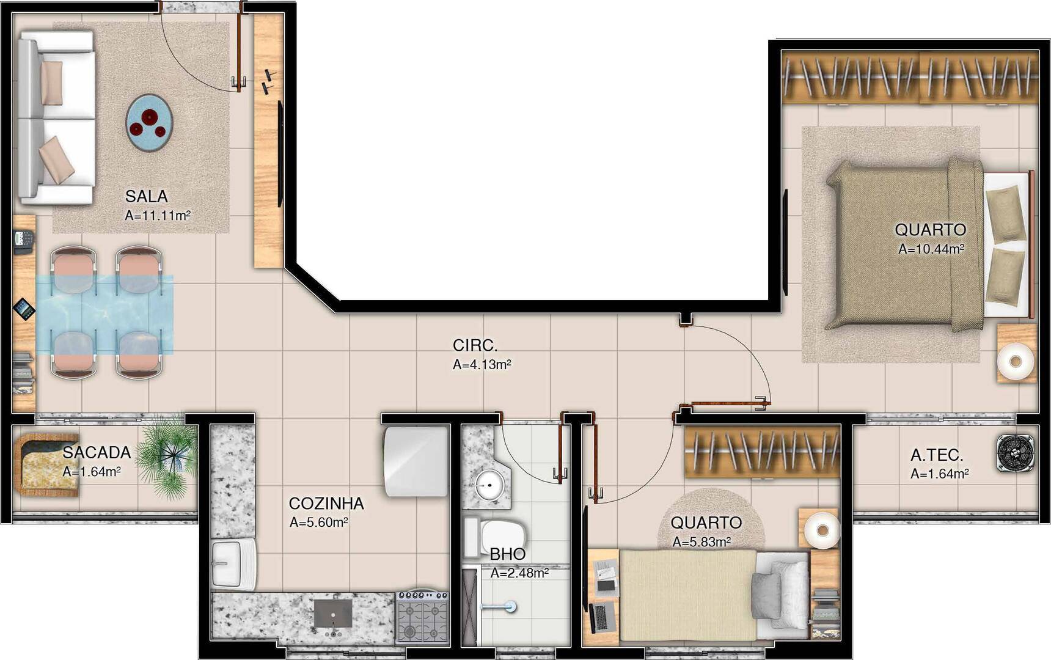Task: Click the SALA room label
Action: click(x=146, y=196)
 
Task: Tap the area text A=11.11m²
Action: click(x=158, y=216)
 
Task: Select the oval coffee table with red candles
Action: click(x=149, y=123)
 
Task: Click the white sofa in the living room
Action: click(x=55, y=117)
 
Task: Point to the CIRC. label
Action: click(x=475, y=345)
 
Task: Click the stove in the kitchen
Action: click(x=422, y=617)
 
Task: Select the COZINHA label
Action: click(x=326, y=504)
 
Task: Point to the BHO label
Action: click(x=507, y=554)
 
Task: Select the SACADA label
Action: click(x=97, y=453)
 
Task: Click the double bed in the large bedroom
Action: click(x=910, y=244)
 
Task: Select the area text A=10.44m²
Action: click(x=931, y=249)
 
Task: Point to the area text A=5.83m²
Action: click(x=701, y=542)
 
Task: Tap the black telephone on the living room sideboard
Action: click(x=23, y=241)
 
